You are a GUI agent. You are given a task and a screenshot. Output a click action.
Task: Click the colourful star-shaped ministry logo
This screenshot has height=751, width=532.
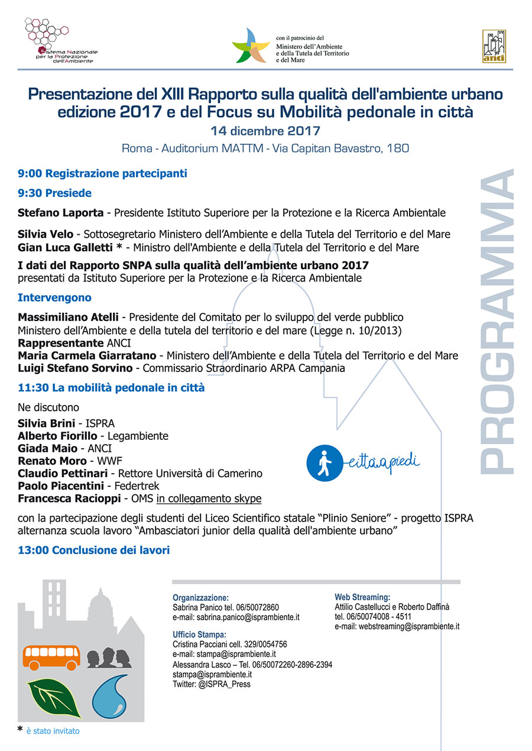251,45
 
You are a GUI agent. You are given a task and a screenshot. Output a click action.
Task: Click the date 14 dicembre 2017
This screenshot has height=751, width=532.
265,131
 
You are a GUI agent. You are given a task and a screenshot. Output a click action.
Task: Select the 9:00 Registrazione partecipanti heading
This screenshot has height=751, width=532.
102,174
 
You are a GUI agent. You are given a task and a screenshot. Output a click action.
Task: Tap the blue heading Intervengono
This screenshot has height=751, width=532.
54,297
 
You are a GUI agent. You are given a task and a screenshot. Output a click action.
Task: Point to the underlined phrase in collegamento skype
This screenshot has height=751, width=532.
209,498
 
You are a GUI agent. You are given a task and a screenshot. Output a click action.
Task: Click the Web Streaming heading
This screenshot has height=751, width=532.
362,597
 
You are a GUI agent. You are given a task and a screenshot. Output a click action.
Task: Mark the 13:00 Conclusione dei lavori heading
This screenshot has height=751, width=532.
93,551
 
